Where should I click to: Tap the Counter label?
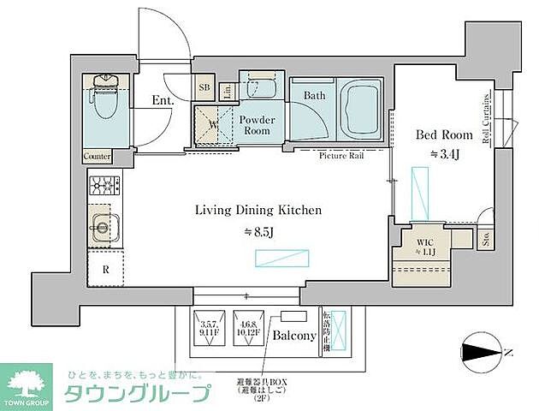(98, 157)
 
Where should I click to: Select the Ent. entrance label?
(163, 100)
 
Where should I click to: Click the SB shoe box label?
(204, 87)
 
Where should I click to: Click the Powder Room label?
(257, 125)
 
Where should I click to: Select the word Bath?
(313, 96)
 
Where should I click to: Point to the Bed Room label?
(443, 134)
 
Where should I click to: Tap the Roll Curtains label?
(485, 120)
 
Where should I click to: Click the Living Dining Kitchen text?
(246, 210)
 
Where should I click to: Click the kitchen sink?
(103, 229)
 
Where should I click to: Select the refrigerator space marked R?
(105, 268)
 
